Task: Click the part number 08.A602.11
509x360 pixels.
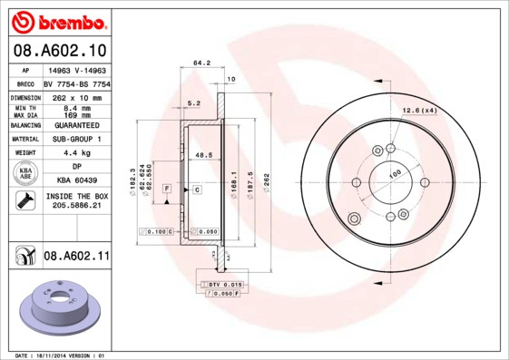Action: (x=76, y=257)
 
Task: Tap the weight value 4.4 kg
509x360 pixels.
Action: (x=75, y=153)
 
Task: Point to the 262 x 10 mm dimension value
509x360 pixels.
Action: (x=75, y=96)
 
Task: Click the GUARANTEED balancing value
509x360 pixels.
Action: (x=75, y=124)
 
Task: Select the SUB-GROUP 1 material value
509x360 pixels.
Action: (x=75, y=139)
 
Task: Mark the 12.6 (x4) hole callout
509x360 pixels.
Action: (x=419, y=111)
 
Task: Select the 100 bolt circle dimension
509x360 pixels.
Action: (x=396, y=173)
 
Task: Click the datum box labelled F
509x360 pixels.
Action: (x=166, y=189)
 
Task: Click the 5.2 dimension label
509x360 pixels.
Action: (x=192, y=103)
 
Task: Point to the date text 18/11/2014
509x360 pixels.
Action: (x=62, y=355)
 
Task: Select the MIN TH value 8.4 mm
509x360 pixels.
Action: (x=75, y=108)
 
